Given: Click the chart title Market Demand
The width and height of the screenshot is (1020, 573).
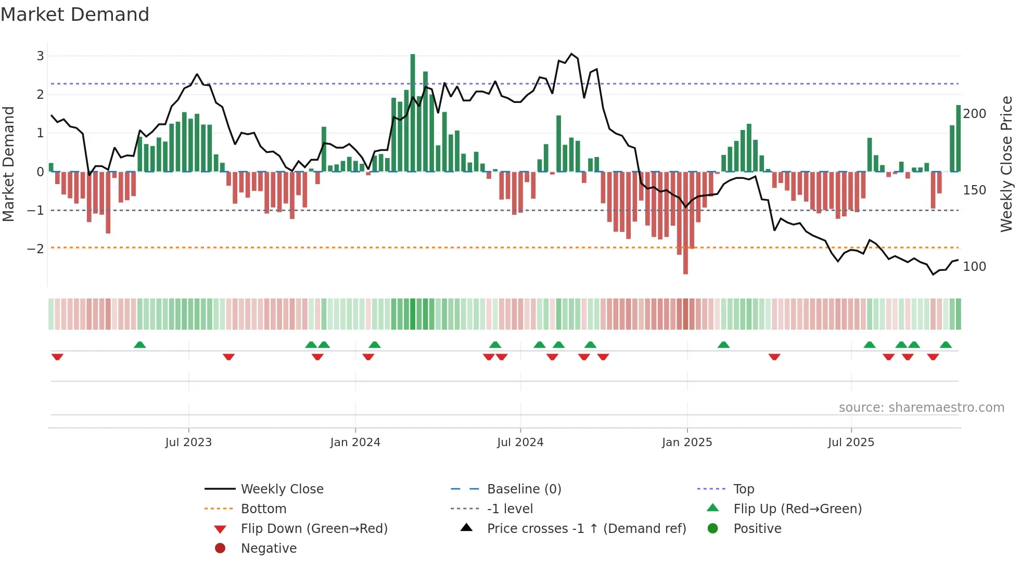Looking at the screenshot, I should pyautogui.click(x=75, y=15).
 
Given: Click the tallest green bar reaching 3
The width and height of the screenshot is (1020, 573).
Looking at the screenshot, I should pyautogui.click(x=413, y=112).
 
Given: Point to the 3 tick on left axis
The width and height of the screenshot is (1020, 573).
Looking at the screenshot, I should pyautogui.click(x=40, y=56).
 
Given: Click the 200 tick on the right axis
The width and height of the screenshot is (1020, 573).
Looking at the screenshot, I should pyautogui.click(x=974, y=113).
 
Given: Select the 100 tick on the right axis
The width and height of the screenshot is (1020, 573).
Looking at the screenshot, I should pyautogui.click(x=974, y=266).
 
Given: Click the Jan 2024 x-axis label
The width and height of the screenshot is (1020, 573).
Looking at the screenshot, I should pyautogui.click(x=355, y=442).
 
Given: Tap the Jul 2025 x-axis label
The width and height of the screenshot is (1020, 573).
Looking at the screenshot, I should pyautogui.click(x=851, y=442).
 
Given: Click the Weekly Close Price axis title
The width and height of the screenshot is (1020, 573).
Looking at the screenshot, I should pyautogui.click(x=1006, y=164).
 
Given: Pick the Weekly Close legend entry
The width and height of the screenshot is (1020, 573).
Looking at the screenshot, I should pyautogui.click(x=282, y=489).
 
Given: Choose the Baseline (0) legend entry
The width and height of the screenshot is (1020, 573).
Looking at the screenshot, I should pyautogui.click(x=524, y=489).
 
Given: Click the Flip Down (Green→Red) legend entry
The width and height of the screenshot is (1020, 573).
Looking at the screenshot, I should pyautogui.click(x=314, y=528).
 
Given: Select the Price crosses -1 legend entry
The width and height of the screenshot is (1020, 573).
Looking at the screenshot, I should pyautogui.click(x=586, y=528).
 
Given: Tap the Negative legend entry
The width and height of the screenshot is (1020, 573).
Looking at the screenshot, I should pyautogui.click(x=269, y=548).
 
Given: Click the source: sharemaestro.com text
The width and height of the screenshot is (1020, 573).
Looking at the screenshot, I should pyautogui.click(x=921, y=408).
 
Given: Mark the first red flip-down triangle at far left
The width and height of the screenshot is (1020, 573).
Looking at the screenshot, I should pyautogui.click(x=57, y=357).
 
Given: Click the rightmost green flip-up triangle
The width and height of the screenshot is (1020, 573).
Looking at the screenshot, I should pyautogui.click(x=946, y=345).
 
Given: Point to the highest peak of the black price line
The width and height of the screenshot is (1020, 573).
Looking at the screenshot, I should pyautogui.click(x=571, y=54).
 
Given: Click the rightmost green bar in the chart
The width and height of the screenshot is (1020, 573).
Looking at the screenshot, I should pyautogui.click(x=958, y=138).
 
